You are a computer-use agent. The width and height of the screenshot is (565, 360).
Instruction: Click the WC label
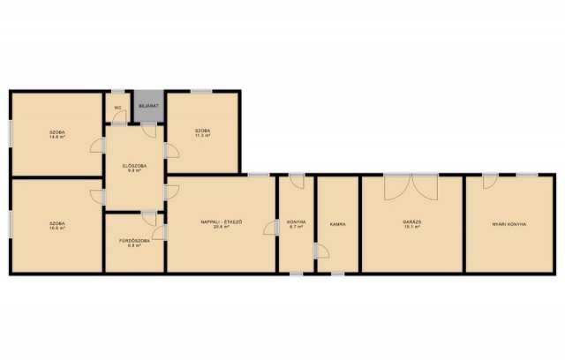pyautogui.click(x=117, y=108)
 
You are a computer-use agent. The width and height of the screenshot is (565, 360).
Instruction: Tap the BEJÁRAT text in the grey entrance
pyautogui.click(x=147, y=107)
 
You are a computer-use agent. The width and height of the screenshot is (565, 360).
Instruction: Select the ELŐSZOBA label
pyautogui.click(x=134, y=164)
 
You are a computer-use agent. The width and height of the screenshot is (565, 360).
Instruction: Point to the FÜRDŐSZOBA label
pyautogui.click(x=134, y=240)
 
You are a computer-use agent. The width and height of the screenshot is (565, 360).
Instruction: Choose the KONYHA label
pyautogui.click(x=296, y=222)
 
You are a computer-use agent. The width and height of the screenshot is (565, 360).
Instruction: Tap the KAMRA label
pyautogui.click(x=337, y=224)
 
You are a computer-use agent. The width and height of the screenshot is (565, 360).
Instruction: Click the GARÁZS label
pyautogui.click(x=411, y=221)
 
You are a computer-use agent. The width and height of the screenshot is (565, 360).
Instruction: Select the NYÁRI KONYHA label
pyautogui.click(x=508, y=224)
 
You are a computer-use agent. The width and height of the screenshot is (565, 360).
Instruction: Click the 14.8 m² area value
pyautogui.click(x=58, y=138)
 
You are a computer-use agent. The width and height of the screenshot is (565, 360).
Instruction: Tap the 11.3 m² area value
pyautogui.click(x=203, y=137)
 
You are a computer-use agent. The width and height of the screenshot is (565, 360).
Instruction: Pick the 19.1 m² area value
pyautogui.click(x=411, y=228)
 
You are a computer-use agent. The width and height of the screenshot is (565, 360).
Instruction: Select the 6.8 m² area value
pyautogui.click(x=134, y=245)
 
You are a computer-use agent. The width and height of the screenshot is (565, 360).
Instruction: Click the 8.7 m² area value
pyautogui.click(x=296, y=228)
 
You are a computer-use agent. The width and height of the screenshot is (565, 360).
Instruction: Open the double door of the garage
pyautogui.click(x=411, y=186)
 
